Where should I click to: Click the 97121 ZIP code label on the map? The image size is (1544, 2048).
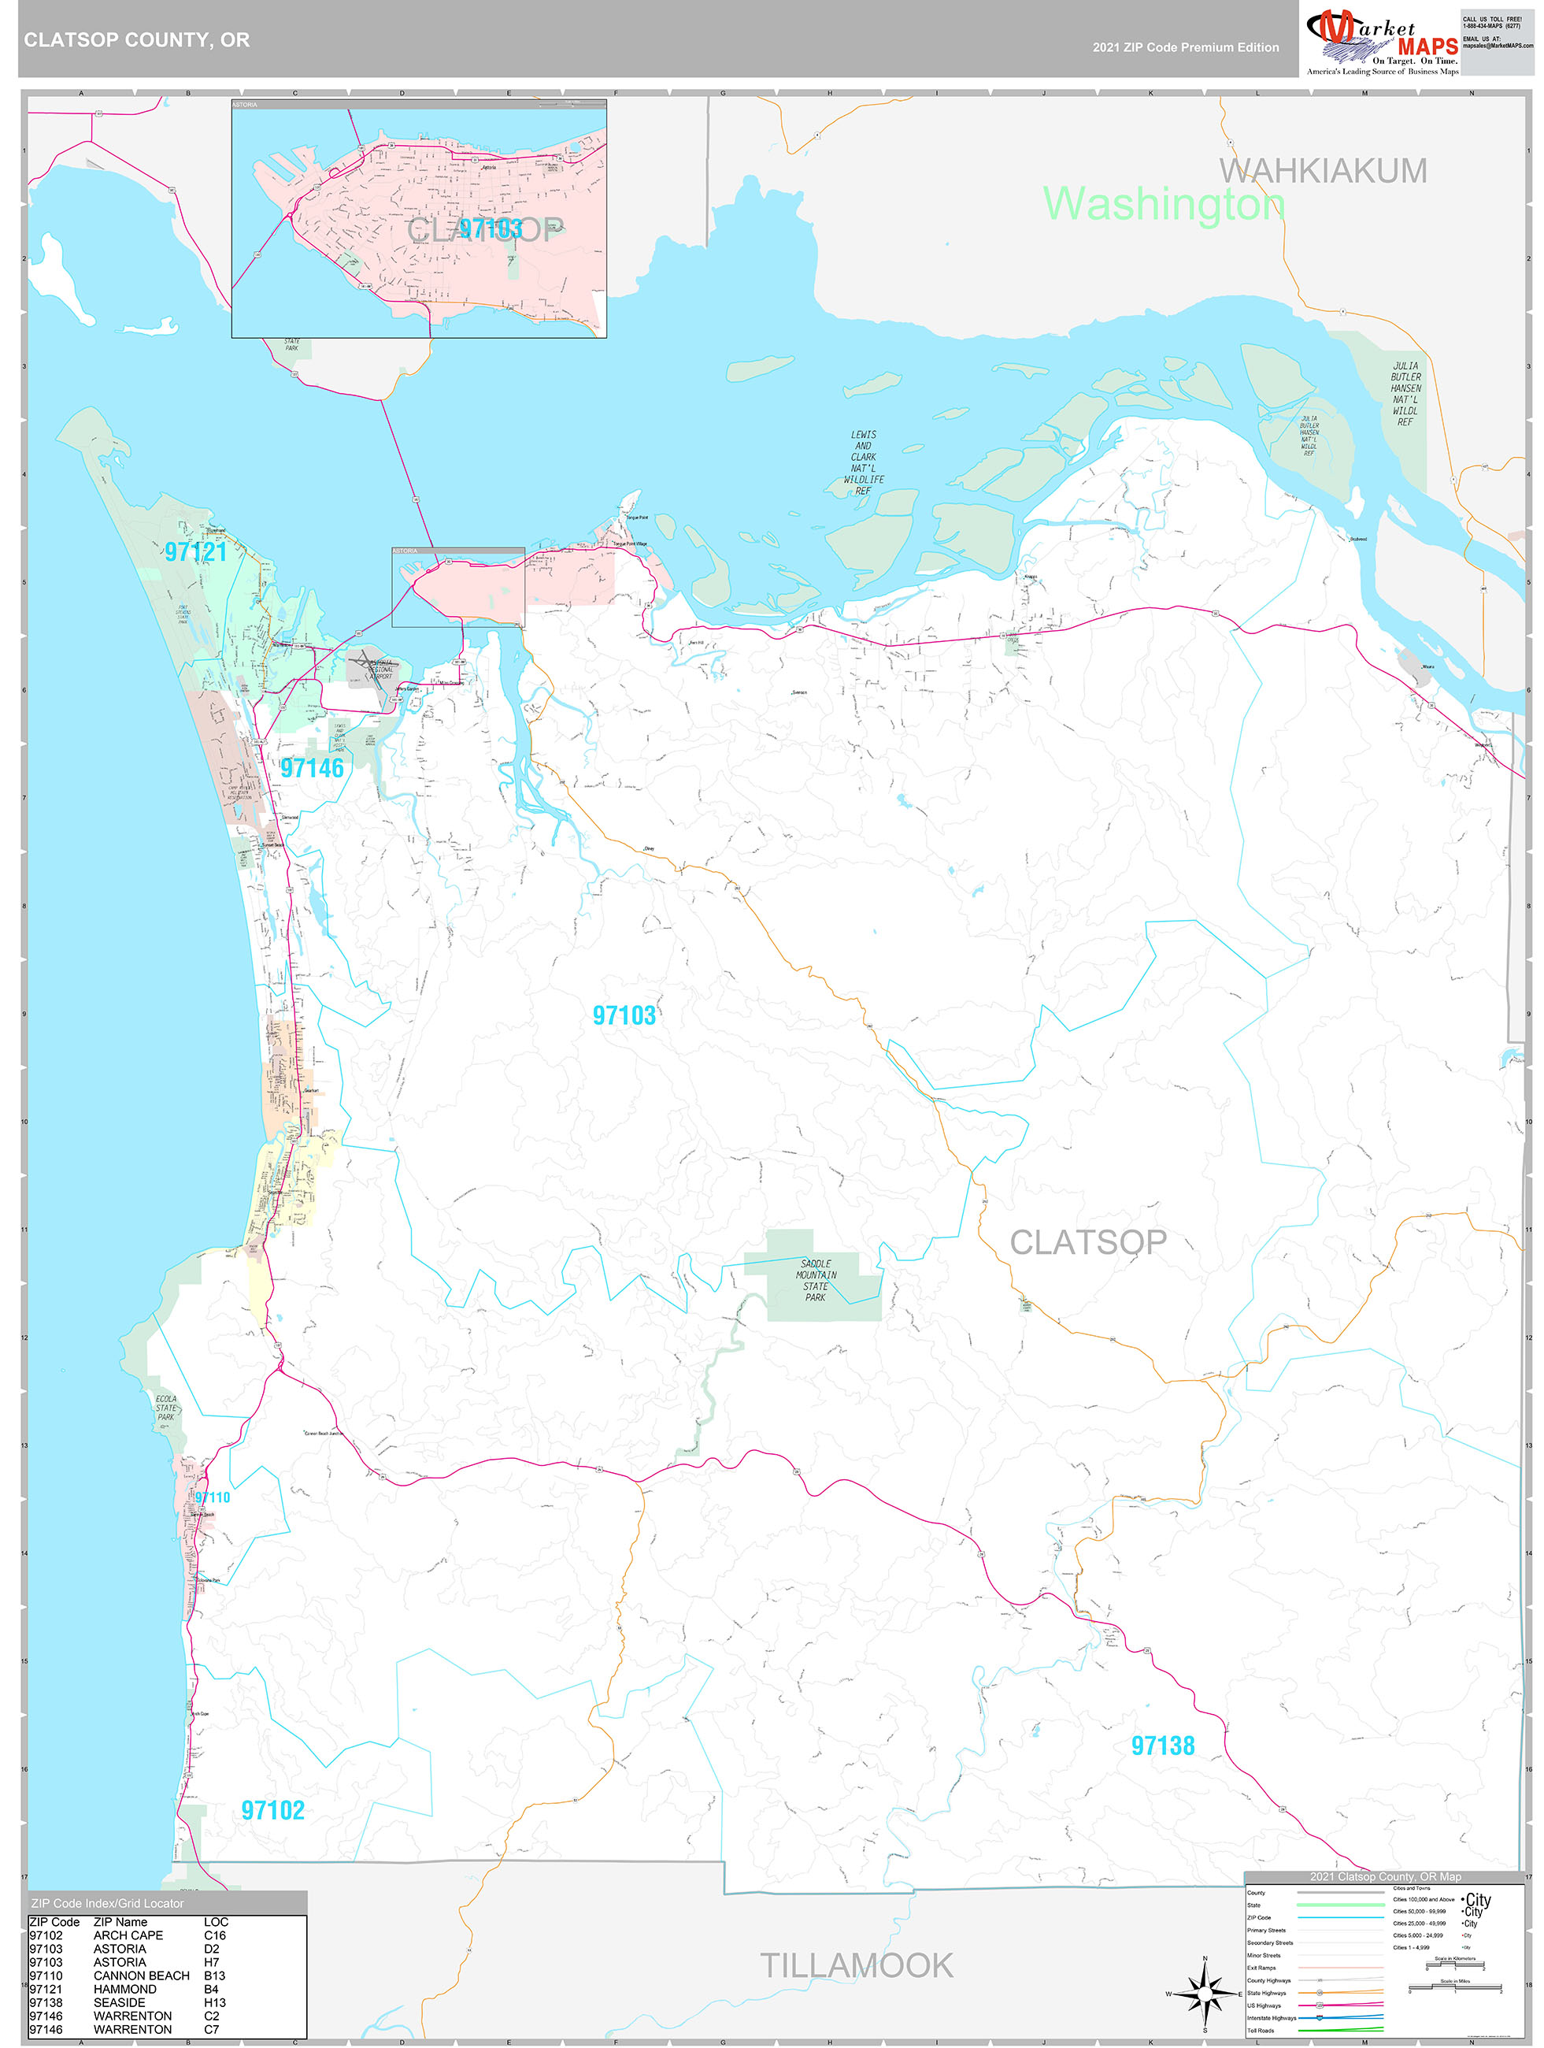pyautogui.click(x=195, y=552)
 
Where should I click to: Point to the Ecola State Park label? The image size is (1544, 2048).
pyautogui.click(x=165, y=1408)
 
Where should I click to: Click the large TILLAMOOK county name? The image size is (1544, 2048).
pyautogui.click(x=856, y=1965)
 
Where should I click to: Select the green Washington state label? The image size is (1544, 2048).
pyautogui.click(x=1164, y=204)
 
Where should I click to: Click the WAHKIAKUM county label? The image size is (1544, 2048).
pyautogui.click(x=1323, y=170)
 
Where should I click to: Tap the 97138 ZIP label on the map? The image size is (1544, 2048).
pyautogui.click(x=1163, y=1746)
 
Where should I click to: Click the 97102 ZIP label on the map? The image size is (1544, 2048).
pyautogui.click(x=272, y=1810)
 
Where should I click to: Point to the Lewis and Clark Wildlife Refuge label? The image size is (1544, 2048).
pyautogui.click(x=863, y=462)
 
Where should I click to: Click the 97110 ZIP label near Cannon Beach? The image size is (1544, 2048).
pyautogui.click(x=212, y=1497)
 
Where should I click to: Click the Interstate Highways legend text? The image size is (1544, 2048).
pyautogui.click(x=1271, y=2017)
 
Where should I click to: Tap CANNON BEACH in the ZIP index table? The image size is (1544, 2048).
pyautogui.click(x=141, y=1975)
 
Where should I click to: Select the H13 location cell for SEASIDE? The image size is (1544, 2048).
pyautogui.click(x=215, y=2002)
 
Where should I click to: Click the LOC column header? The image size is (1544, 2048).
pyautogui.click(x=215, y=1921)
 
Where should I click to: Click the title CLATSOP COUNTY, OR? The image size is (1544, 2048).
pyautogui.click(x=136, y=40)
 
